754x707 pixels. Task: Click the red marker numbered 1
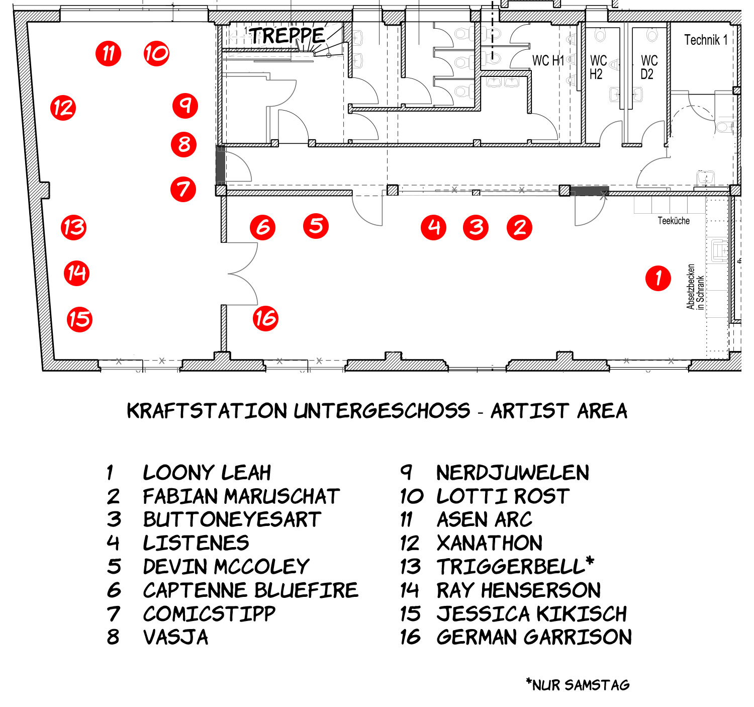657,278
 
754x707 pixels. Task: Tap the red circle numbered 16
265,318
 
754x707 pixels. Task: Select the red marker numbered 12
63,108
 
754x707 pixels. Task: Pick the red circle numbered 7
183,189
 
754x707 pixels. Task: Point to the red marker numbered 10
156,54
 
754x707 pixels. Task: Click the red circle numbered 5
316,226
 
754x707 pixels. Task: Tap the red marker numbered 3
476,228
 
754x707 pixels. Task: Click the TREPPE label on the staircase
287,36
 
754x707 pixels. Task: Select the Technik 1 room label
705,40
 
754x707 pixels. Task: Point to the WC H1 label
548,60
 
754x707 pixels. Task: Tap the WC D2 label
649,67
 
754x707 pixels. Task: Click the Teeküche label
674,221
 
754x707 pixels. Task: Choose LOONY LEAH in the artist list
207,473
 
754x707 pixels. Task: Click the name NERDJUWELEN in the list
513,473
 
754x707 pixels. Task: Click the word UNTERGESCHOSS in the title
382,411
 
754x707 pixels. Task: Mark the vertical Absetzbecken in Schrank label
695,287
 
